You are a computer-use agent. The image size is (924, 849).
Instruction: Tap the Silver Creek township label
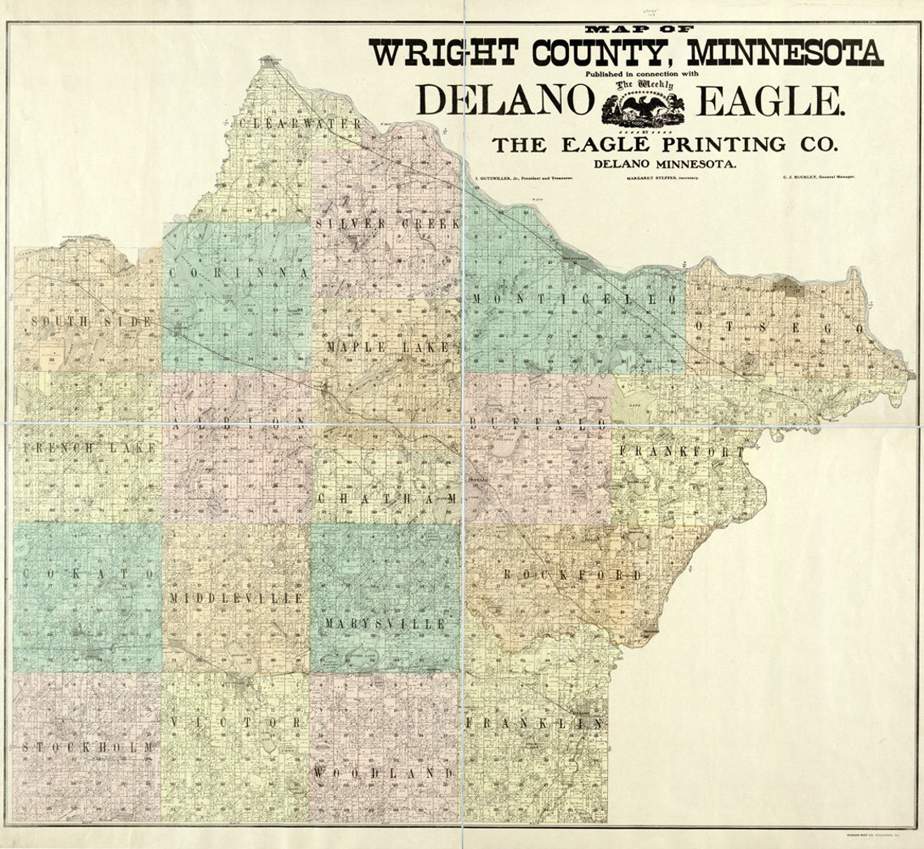388,223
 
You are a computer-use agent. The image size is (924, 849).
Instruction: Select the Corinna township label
239,273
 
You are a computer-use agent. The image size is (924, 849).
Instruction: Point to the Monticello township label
573,299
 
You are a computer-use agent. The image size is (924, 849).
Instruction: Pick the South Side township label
91,322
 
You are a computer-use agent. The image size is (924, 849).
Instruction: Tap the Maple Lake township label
387,347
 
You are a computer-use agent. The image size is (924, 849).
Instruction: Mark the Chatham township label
387,498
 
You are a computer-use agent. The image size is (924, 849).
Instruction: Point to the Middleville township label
236,598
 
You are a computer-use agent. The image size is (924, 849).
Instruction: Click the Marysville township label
386,624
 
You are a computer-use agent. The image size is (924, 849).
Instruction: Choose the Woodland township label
383,774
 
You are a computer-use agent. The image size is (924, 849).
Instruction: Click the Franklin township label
534,723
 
